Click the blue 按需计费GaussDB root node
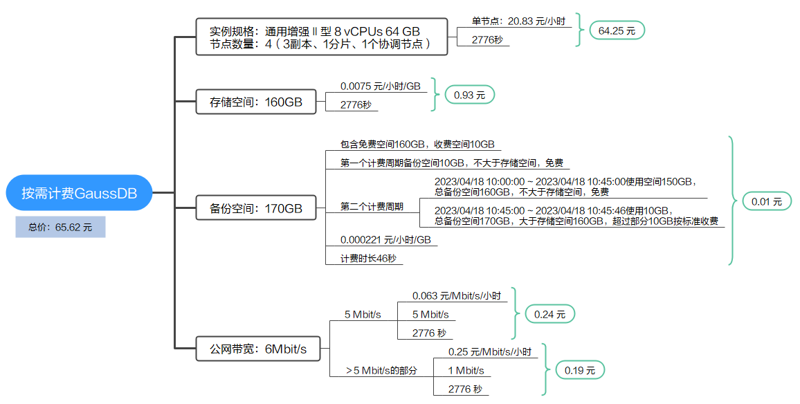[79, 193]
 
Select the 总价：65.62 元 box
[60, 227]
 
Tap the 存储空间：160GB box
[256, 102]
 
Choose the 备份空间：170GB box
[256, 208]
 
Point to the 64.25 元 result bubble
[617, 30]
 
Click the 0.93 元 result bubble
[469, 95]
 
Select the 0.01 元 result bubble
[765, 201]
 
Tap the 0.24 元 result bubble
[549, 314]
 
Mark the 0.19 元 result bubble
[579, 370]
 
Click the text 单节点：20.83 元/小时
[518, 21]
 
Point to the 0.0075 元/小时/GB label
[380, 86]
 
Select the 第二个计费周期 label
[372, 207]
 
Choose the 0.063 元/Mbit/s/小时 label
[456, 296]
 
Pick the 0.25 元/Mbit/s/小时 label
[492, 352]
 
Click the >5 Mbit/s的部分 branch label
[382, 371]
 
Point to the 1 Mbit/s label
[466, 371]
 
